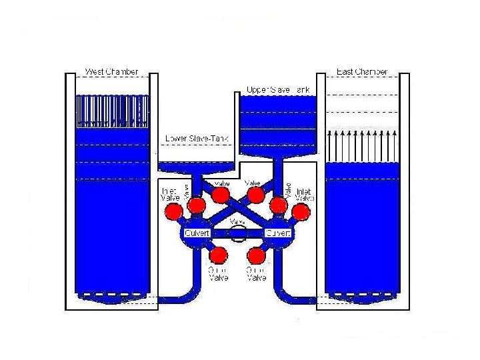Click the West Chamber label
(111, 71)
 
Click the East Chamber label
(362, 71)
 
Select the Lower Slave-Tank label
(197, 139)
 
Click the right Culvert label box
(278, 233)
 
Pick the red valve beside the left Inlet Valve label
(174, 211)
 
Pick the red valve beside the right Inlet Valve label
(301, 211)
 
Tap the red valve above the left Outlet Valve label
(217, 255)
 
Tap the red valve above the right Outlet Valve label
(257, 255)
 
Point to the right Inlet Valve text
(304, 194)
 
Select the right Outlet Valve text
(257, 273)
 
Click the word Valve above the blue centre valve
(237, 221)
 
